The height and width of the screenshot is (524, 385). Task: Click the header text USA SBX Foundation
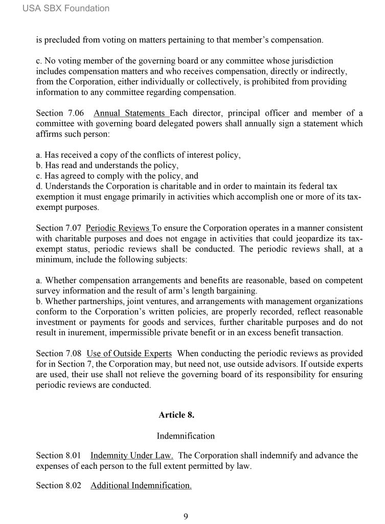[x=66, y=8]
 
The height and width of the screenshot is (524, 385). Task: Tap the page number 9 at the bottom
[x=186, y=516]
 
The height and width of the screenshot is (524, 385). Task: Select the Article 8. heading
[x=176, y=415]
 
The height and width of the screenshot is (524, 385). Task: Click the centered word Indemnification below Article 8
[x=186, y=436]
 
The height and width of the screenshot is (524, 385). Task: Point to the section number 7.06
[x=73, y=113]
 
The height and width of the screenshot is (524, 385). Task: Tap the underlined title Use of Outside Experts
[x=129, y=354]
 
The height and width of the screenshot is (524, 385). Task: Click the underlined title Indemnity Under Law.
[x=132, y=455]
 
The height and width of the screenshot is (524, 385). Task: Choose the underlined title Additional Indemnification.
[x=141, y=485]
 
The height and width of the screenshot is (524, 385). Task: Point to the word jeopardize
[x=302, y=238]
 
